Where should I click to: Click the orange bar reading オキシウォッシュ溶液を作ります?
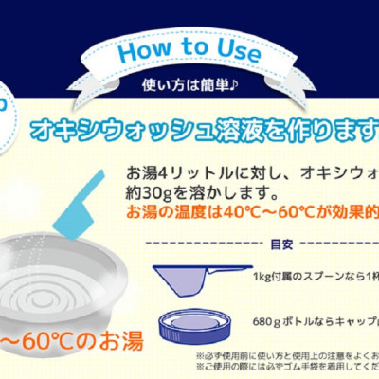point(208,126)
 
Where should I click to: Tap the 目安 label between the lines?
point(280,244)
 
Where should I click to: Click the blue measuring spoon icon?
point(195,279)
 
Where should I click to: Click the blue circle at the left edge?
point(5,104)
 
